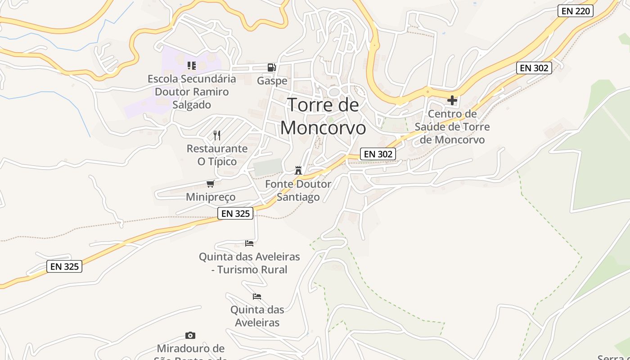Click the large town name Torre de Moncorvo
323,116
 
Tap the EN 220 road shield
575,11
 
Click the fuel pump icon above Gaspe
271,67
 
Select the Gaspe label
272,81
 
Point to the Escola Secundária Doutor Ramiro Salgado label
192,92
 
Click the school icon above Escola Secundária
192,66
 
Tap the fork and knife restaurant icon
217,135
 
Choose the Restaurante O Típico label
217,155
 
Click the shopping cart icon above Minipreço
210,184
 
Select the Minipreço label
211,197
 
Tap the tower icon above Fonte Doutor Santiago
298,170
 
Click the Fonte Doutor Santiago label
298,190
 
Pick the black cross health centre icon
452,100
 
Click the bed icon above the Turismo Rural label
249,243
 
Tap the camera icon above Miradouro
190,335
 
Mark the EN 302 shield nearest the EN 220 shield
534,68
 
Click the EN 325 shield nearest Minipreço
235,213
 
